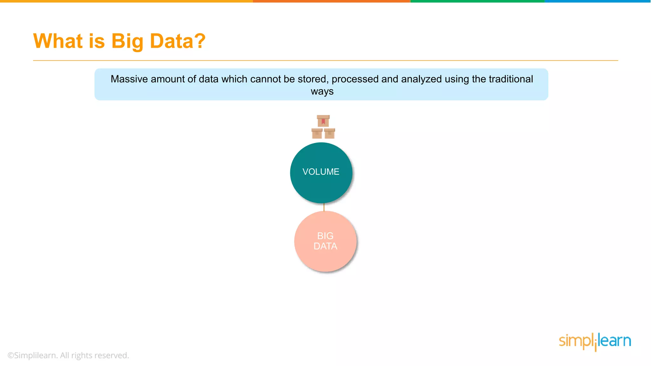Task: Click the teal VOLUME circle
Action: pyautogui.click(x=321, y=173)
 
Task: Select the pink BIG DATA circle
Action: pyautogui.click(x=325, y=241)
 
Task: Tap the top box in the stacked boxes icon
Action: pyautogui.click(x=323, y=121)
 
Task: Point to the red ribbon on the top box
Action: pyautogui.click(x=323, y=121)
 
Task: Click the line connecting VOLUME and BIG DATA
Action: pyautogui.click(x=324, y=207)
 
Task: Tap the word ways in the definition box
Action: pyautogui.click(x=322, y=91)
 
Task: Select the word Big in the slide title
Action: pyautogui.click(x=127, y=42)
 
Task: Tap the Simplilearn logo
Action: pyautogui.click(x=595, y=342)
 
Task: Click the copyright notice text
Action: pyautogui.click(x=68, y=355)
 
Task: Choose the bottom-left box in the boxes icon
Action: pyautogui.click(x=317, y=133)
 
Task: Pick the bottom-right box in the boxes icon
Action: pyautogui.click(x=330, y=133)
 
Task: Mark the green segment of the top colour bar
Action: pyautogui.click(x=477, y=1)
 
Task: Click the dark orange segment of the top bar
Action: pyautogui.click(x=332, y=1)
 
